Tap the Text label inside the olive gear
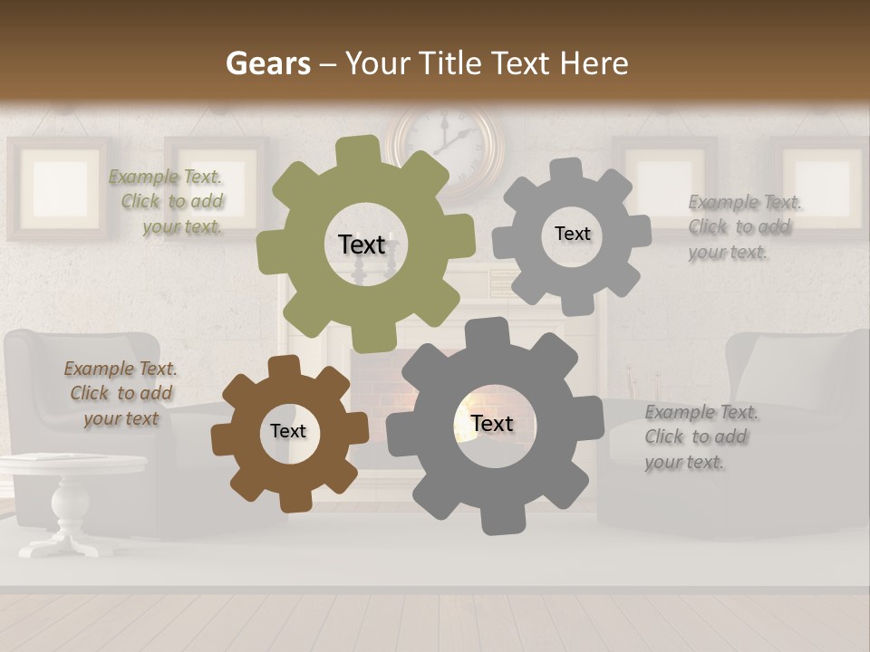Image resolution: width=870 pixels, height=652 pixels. (362, 244)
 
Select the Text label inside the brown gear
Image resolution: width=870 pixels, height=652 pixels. (288, 431)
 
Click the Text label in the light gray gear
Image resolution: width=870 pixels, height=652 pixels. (572, 234)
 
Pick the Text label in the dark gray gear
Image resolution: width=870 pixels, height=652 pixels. (492, 423)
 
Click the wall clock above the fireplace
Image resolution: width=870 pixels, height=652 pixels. (446, 145)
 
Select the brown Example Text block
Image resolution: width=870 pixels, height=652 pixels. (121, 393)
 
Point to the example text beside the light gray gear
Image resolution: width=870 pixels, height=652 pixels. (743, 227)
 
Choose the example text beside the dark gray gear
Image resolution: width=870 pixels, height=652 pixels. (700, 436)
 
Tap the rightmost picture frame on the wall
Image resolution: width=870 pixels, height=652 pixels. (820, 186)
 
